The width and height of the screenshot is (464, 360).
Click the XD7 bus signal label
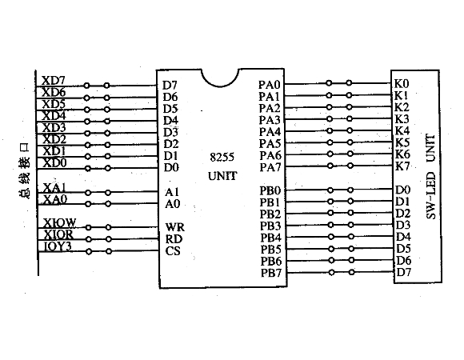click(54, 81)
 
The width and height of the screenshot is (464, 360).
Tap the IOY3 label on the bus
click(58, 246)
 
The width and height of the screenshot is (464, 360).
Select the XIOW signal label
click(60, 222)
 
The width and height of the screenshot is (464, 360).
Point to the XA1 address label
click(55, 187)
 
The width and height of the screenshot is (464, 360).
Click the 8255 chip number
click(222, 157)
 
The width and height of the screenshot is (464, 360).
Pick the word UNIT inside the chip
click(222, 176)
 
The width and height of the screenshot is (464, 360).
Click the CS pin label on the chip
click(173, 251)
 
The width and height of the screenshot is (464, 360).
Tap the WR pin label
click(175, 227)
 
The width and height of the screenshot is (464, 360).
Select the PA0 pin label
click(270, 85)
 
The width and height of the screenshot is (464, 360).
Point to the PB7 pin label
click(271, 273)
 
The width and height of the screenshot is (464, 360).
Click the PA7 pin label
click(270, 167)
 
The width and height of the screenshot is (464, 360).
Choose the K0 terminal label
click(402, 84)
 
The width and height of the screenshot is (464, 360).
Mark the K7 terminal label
click(402, 166)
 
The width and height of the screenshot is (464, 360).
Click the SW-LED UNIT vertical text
click(431, 177)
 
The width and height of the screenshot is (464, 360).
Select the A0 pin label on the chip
click(173, 204)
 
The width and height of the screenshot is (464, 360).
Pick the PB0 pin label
click(270, 190)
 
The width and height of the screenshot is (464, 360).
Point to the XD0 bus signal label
click(55, 162)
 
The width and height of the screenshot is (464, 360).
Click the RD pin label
click(174, 239)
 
